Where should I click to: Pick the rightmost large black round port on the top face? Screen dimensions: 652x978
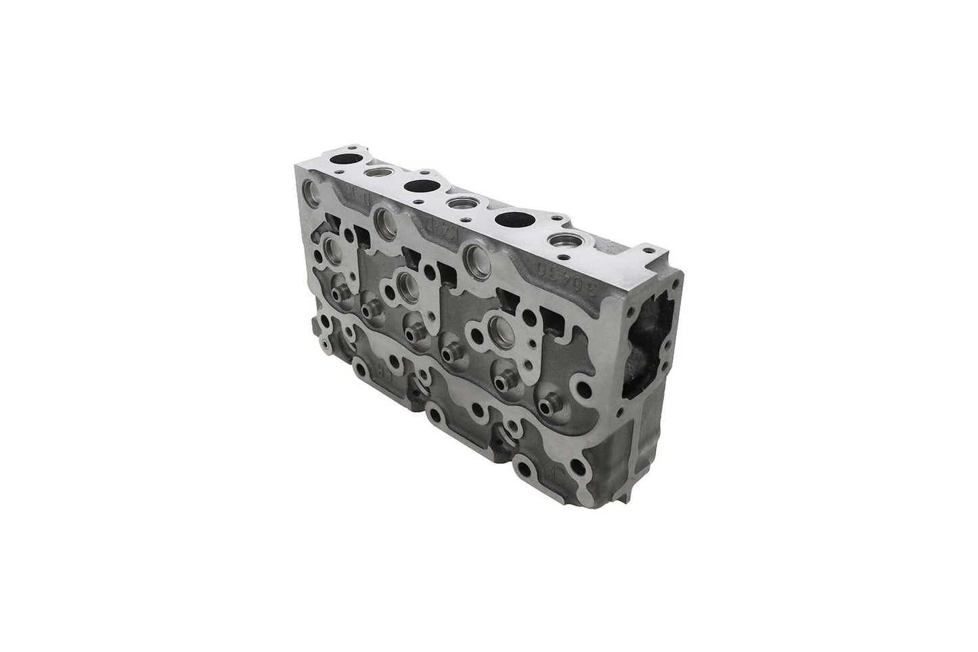click(514, 219)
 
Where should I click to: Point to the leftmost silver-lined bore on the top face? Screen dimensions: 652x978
click(375, 174)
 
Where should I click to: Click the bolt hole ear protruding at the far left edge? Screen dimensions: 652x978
click(328, 347)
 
